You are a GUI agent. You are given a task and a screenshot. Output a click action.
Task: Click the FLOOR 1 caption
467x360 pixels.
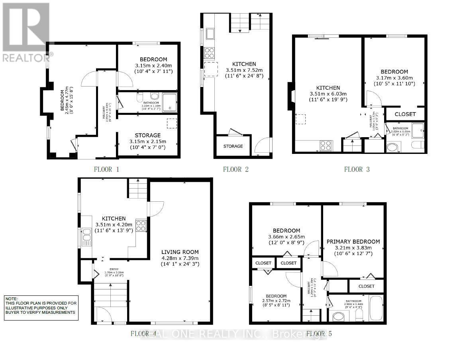pyautogui.click(x=106, y=169)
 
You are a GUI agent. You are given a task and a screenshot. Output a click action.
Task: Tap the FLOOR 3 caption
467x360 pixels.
pyautogui.click(x=357, y=169)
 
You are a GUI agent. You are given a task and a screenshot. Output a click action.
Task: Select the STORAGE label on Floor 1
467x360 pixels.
pyautogui.click(x=147, y=136)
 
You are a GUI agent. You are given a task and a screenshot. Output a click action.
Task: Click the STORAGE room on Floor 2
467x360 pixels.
pyautogui.click(x=233, y=146)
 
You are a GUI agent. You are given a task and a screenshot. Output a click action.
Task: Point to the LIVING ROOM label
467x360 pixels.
pyautogui.click(x=180, y=252)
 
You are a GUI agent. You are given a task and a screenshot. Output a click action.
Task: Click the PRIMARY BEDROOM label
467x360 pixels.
pyautogui.click(x=353, y=242)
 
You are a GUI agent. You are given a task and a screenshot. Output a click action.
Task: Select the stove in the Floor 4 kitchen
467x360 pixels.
pyautogui.click(x=141, y=226)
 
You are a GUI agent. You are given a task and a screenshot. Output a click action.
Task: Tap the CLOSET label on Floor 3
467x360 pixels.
pyautogui.click(x=405, y=114)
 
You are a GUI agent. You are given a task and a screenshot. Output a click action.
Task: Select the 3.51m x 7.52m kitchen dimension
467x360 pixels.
pyautogui.click(x=244, y=70)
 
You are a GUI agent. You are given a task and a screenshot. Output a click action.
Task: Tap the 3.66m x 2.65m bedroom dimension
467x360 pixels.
pyautogui.click(x=286, y=237)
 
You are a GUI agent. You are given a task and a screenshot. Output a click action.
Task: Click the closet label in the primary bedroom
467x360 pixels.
pyautogui.click(x=366, y=286)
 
